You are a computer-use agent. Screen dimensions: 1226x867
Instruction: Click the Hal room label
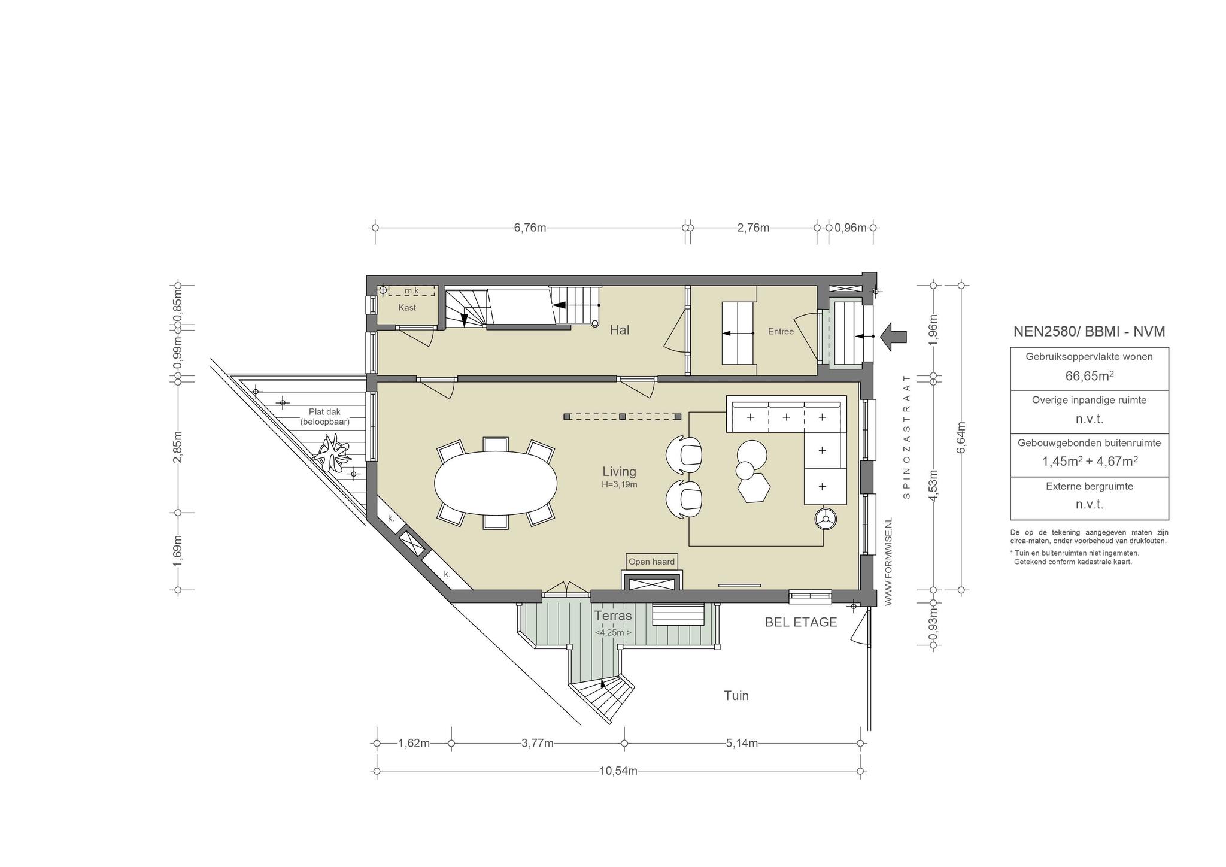pos(620,330)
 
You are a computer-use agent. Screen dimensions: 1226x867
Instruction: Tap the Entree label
pos(781,331)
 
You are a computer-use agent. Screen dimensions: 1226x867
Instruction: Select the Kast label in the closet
pos(407,308)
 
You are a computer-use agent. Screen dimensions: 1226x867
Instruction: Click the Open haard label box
pos(652,562)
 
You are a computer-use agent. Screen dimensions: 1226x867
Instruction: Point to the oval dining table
pos(496,483)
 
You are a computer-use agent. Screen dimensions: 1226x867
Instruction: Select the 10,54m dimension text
pos(618,771)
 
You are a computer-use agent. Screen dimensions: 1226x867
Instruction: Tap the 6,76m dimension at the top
pos(530,228)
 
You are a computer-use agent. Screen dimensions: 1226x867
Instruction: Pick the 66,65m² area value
pos(1090,376)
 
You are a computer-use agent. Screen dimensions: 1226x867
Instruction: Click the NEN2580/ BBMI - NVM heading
pos(1090,332)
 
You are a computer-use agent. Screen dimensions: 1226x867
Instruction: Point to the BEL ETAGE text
pos(801,622)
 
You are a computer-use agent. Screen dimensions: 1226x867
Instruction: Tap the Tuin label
pos(736,696)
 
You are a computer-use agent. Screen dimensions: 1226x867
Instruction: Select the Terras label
pos(613,616)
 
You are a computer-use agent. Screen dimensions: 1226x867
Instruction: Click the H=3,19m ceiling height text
pos(620,484)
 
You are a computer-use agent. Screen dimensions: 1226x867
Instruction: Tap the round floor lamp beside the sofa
pos(826,519)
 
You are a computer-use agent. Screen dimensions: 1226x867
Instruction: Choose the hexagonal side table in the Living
pos(754,488)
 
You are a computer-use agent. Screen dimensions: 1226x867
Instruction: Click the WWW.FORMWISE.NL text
pos(888,562)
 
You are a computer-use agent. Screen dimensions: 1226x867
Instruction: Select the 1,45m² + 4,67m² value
pos(1090,462)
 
